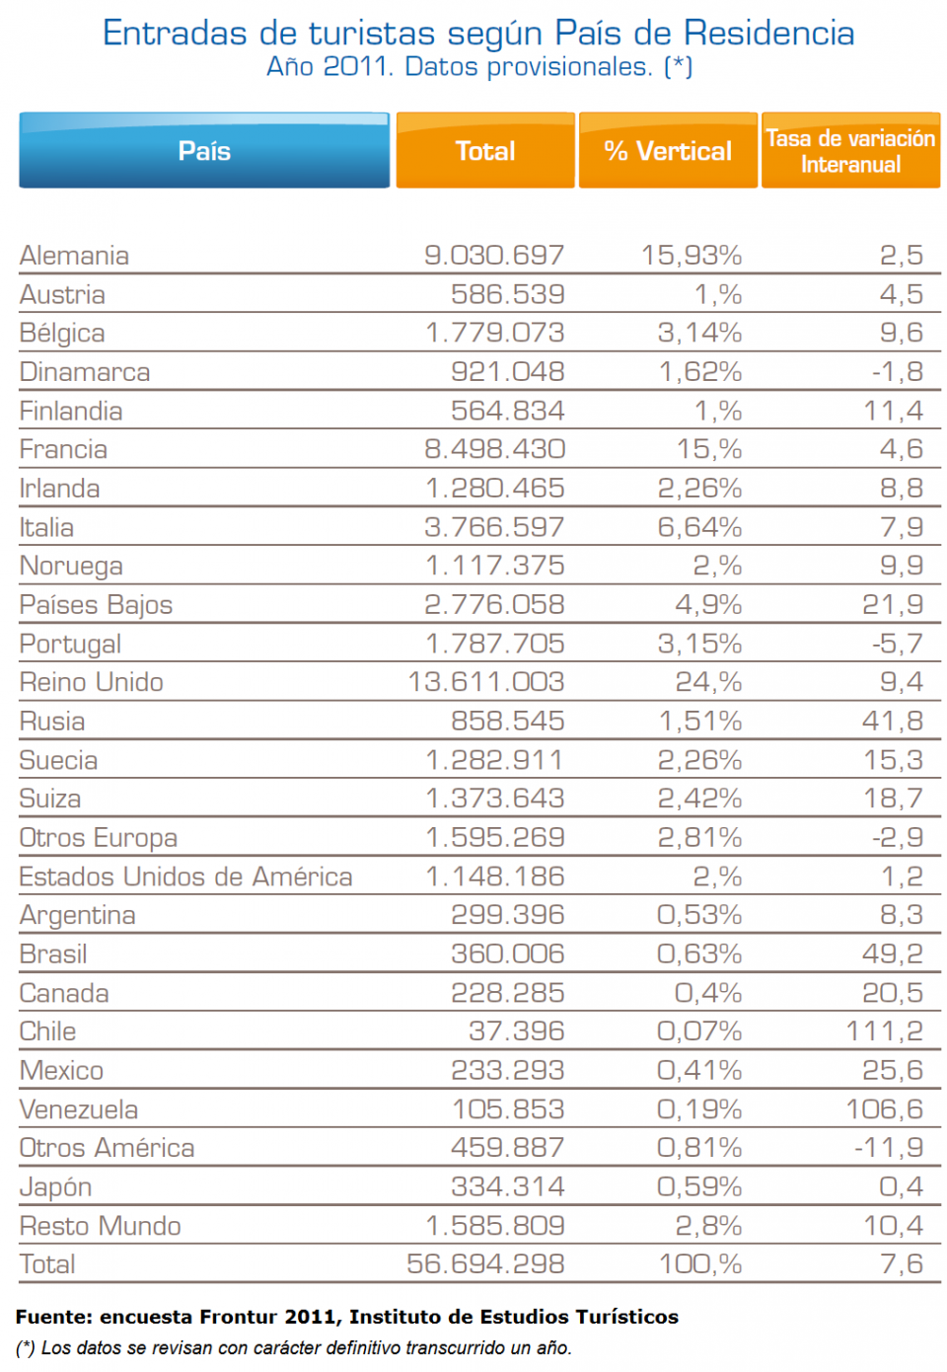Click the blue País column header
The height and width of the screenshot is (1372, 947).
click(x=204, y=151)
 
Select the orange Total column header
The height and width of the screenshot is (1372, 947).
click(x=485, y=151)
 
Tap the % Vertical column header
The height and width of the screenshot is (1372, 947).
click(x=668, y=151)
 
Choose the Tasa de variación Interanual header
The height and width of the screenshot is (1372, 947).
click(x=850, y=151)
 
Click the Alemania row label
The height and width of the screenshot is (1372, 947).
click(x=74, y=256)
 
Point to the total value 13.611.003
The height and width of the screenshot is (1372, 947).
click(x=486, y=682)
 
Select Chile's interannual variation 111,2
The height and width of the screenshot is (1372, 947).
click(x=884, y=1031)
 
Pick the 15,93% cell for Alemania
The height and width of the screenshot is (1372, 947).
click(x=692, y=256)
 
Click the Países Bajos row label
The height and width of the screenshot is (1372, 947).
click(x=96, y=605)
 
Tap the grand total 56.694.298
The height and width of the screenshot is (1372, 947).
click(x=485, y=1264)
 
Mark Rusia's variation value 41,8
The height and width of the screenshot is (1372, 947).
click(x=892, y=722)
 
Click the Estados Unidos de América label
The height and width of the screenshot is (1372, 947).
click(x=185, y=877)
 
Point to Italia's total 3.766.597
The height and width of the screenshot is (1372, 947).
click(x=494, y=527)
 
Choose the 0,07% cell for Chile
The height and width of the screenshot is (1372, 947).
click(x=699, y=1031)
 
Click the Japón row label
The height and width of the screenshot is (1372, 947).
click(x=55, y=1187)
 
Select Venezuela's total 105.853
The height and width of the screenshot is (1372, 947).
click(x=508, y=1109)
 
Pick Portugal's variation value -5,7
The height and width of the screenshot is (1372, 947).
click(x=897, y=644)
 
